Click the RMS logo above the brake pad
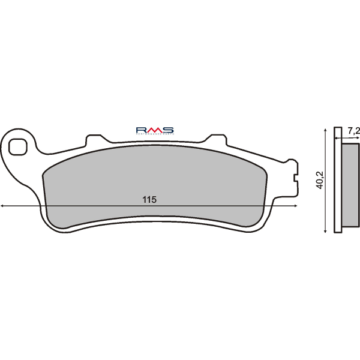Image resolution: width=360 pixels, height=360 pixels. click(x=154, y=130)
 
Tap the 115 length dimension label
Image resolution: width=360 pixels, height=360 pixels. click(x=150, y=200)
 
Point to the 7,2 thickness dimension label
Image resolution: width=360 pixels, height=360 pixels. click(x=354, y=130)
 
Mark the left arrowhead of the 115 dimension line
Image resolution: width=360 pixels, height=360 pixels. click(x=3, y=206)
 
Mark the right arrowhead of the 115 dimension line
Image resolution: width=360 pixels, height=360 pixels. click(x=295, y=206)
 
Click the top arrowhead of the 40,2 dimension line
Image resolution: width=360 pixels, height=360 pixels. click(x=325, y=129)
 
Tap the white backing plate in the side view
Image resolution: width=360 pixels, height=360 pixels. click(x=338, y=180)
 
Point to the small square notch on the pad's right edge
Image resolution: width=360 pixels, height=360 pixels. click(x=295, y=178)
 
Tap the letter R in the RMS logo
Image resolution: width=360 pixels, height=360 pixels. click(x=142, y=130)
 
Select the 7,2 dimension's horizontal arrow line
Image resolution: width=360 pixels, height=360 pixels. click(x=348, y=138)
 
